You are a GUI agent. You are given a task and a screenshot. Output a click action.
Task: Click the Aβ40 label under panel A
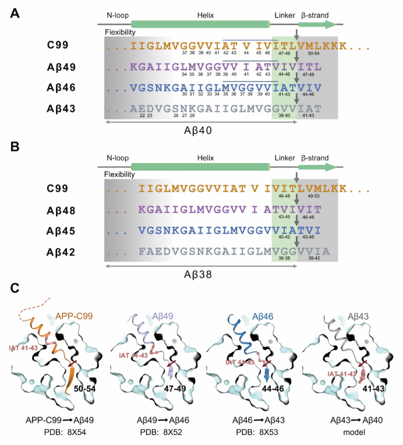201,131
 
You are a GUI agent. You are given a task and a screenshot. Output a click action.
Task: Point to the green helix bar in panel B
201,168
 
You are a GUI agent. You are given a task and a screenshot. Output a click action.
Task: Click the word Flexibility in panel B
120,174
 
